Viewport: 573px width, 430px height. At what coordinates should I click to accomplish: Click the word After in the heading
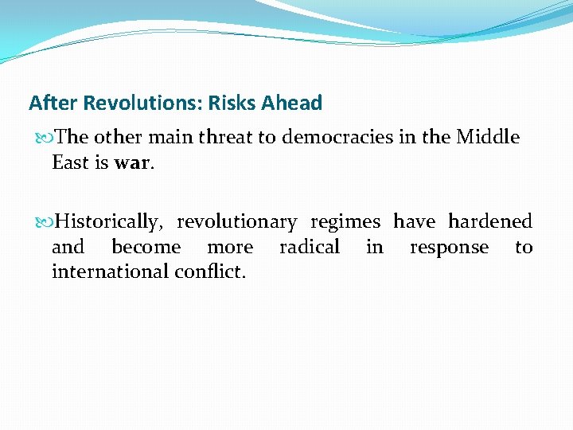pos(54,103)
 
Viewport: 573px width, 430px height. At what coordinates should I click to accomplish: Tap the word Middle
pos(488,137)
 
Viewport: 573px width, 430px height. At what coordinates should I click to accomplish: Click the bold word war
pos(131,162)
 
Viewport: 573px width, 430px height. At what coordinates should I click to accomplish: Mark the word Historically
pos(108,221)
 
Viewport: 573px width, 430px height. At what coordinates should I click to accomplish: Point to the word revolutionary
pos(236,221)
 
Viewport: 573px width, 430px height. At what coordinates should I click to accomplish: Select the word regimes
pos(345,221)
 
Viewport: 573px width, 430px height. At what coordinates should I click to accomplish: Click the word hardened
pos(489,221)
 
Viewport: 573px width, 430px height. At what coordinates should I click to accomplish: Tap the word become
pos(146,247)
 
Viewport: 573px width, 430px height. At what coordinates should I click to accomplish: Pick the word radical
pos(310,247)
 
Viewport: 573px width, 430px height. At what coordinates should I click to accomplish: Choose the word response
pos(449,247)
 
